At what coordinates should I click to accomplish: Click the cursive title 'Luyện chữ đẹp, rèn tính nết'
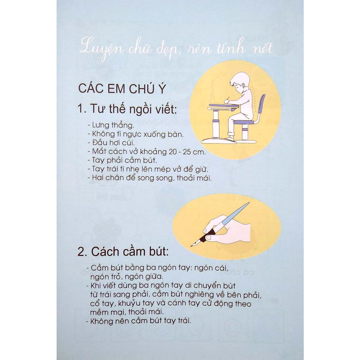176,50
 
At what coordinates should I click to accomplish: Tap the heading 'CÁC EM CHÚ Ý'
122,89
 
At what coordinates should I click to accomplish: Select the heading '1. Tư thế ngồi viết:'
127,109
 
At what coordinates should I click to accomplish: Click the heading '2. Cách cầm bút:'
123,252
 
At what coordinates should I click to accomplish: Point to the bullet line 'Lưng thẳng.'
111,126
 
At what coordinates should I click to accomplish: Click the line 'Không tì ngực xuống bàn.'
135,134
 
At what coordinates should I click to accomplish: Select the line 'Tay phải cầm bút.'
122,160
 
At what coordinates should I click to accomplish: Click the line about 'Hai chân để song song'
149,178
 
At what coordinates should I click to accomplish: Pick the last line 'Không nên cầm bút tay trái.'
138,321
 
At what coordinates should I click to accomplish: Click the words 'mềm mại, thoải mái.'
127,312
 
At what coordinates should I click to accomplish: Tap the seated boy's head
240,82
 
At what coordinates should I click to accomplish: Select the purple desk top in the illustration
222,106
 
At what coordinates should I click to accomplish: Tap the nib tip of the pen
191,246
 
